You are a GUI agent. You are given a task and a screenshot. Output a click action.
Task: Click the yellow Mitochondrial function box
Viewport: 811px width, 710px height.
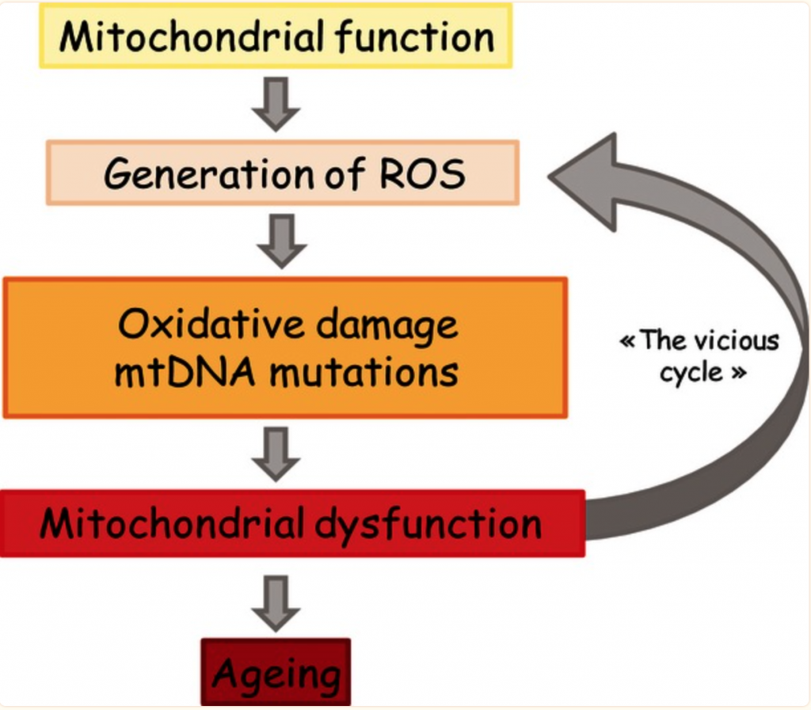click(276, 36)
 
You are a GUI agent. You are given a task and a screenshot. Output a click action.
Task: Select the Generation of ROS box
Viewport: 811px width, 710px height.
click(283, 173)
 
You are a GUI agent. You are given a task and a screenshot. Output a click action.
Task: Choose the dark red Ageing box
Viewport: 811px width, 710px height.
click(276, 673)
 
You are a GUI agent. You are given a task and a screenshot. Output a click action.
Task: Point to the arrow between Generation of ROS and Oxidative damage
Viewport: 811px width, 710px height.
click(282, 241)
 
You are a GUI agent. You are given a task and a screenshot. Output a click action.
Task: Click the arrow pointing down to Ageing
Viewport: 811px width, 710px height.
click(276, 604)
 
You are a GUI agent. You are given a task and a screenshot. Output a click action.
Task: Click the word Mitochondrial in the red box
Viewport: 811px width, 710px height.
click(172, 524)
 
